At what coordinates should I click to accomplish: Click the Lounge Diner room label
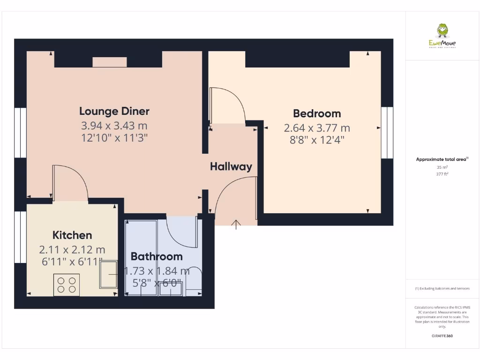pos(114,111)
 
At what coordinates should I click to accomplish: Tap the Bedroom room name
pos(317,113)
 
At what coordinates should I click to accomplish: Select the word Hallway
pos(231,166)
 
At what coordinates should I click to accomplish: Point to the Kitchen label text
pos(72,235)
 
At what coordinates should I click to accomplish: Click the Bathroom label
pos(157,256)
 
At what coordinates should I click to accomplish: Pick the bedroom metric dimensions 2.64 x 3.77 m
pos(317,128)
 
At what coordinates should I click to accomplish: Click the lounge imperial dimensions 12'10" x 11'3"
pos(115,138)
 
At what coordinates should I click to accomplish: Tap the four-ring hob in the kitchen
pos(67,285)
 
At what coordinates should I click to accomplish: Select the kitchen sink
pos(109,274)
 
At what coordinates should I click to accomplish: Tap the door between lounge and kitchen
pos(70,183)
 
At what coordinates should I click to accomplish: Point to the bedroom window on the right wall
pos(387,133)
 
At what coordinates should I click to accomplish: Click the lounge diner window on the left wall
pos(20,133)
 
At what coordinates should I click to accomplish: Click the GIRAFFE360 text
pos(442,336)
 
